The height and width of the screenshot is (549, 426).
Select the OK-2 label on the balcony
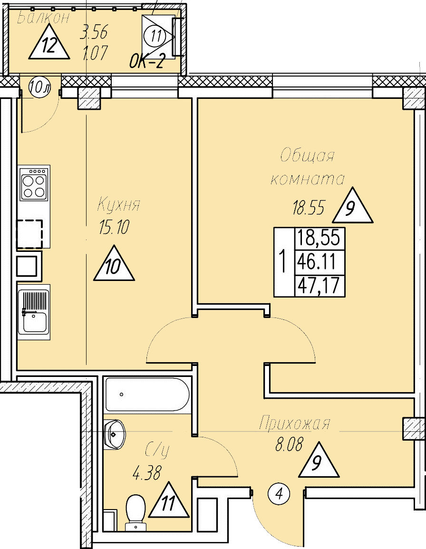pyautogui.click(x=147, y=62)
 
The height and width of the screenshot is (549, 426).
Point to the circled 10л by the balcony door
pyautogui.click(x=39, y=87)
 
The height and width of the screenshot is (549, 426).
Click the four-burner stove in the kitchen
pyautogui.click(x=34, y=183)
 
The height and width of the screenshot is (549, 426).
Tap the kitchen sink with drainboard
pyautogui.click(x=33, y=311)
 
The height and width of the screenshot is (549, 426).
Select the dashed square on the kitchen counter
pyautogui.click(x=29, y=234)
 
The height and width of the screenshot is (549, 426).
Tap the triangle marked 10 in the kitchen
pyautogui.click(x=114, y=265)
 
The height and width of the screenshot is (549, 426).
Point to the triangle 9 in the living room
pyautogui.click(x=352, y=208)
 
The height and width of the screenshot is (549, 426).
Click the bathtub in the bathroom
pyautogui.click(x=147, y=394)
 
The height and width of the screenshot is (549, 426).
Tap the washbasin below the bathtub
pyautogui.click(x=115, y=433)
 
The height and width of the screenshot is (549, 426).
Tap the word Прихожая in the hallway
pyautogui.click(x=294, y=424)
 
